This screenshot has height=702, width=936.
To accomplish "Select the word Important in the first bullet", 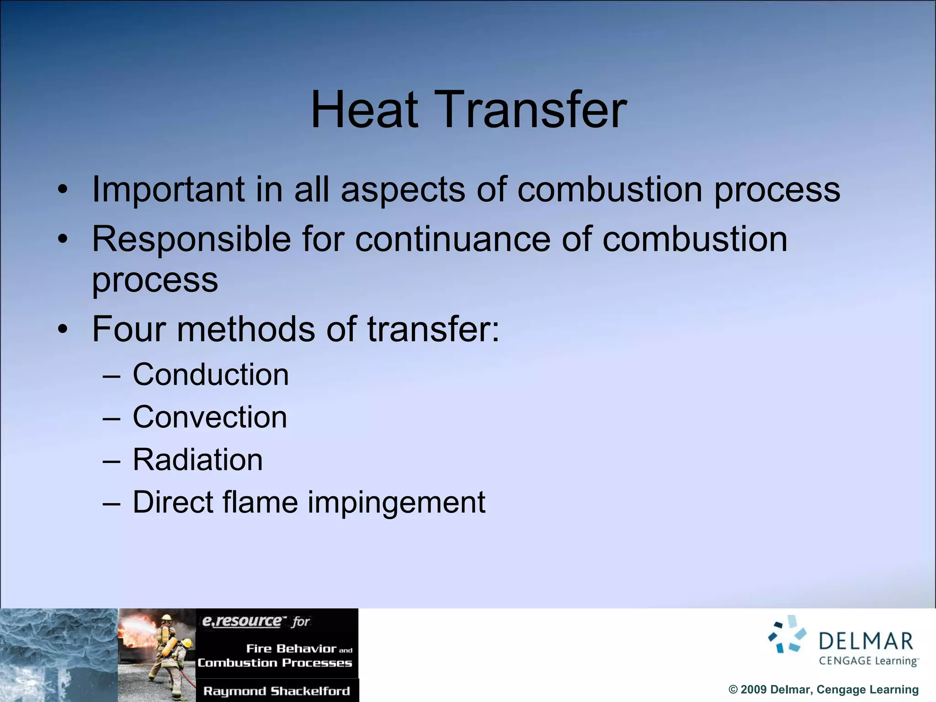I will pos(168,190).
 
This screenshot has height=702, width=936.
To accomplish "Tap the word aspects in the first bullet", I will pos(403,190).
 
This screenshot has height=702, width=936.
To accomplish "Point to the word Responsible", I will pos(191,239).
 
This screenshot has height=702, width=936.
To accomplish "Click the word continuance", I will pos(452,239).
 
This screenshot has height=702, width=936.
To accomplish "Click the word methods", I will pos(245,329).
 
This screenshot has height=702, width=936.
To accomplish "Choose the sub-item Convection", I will pos(210,417).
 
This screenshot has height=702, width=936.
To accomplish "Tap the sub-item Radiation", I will pos(197,460).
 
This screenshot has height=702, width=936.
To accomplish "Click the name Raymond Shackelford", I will pos(277,691).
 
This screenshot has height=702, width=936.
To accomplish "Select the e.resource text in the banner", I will pos(242,621).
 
